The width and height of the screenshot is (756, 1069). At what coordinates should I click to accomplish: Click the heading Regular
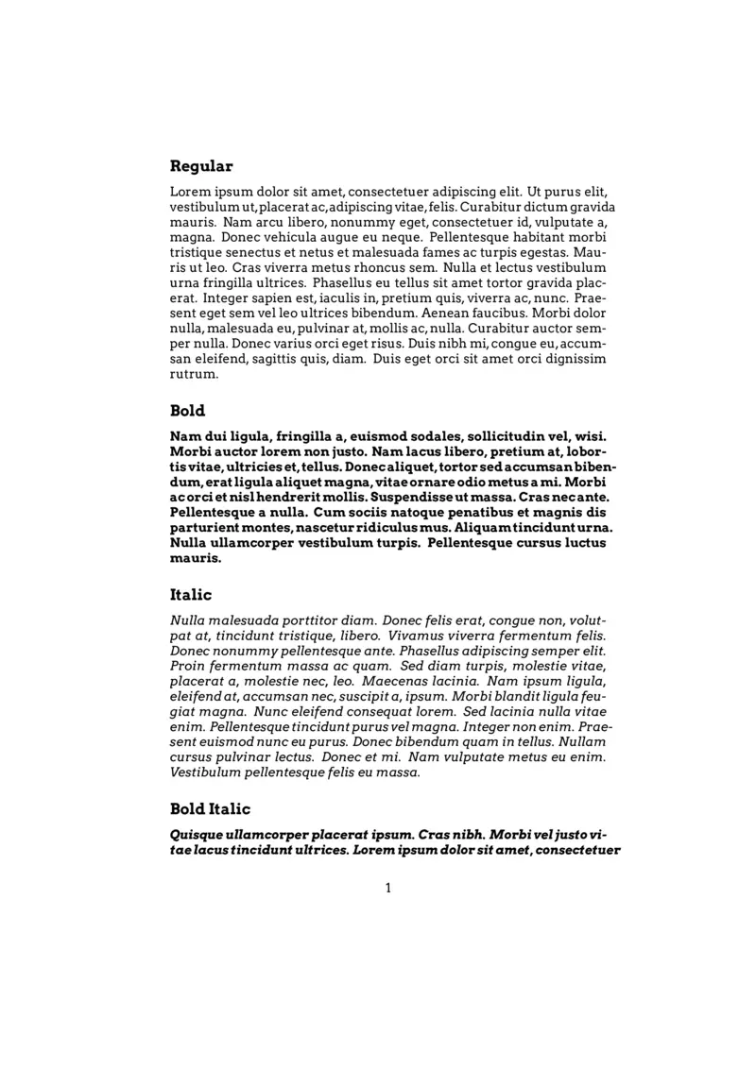pyautogui.click(x=200, y=166)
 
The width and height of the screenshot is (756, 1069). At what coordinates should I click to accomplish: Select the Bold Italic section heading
pyautogui.click(x=210, y=809)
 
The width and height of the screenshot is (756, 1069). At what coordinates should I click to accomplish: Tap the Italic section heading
pyautogui.click(x=191, y=595)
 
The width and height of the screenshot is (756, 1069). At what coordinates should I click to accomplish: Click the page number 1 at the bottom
pyautogui.click(x=387, y=888)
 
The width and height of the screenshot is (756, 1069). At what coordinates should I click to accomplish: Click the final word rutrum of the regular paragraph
pyautogui.click(x=194, y=374)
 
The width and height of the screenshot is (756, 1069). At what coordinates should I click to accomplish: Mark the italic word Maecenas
pyautogui.click(x=404, y=681)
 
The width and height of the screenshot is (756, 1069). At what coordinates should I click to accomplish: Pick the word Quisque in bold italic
pyautogui.click(x=197, y=835)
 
